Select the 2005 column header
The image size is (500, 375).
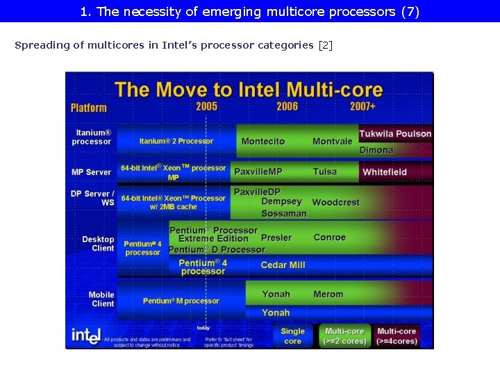click(x=206, y=106)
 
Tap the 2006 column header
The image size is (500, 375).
click(x=287, y=106)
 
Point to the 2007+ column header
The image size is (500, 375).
click(x=363, y=106)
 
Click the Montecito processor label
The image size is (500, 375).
click(x=263, y=142)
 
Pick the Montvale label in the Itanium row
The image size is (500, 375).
click(x=333, y=142)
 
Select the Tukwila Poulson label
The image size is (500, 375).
click(x=395, y=134)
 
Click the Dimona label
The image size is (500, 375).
click(x=376, y=150)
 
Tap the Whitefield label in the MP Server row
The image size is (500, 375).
click(x=385, y=172)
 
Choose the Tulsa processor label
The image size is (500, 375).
click(x=325, y=172)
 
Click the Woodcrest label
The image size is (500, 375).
click(x=336, y=202)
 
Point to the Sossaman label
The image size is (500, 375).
click(x=283, y=213)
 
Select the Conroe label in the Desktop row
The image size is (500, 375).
click(x=330, y=237)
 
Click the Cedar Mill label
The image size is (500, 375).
click(x=283, y=265)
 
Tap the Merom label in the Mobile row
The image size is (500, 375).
click(x=328, y=294)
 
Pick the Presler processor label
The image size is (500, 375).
click(x=276, y=237)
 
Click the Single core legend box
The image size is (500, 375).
click(x=293, y=336)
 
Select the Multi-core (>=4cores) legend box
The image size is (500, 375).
click(x=397, y=336)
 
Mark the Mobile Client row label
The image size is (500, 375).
click(x=102, y=299)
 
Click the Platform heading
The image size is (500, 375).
click(x=89, y=108)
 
